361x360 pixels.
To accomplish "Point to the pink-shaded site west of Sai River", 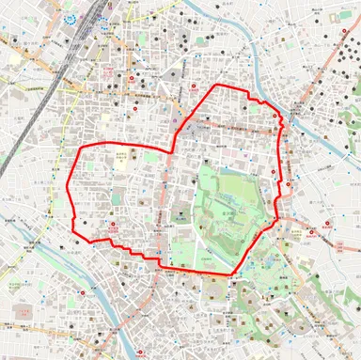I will pyautogui.click(x=21, y=308).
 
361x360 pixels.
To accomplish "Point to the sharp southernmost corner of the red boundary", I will pyautogui.click(x=230, y=275).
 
